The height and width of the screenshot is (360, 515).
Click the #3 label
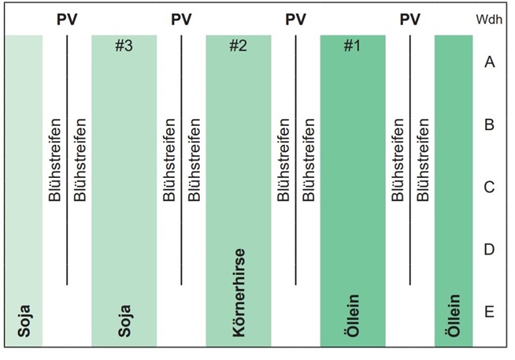124,46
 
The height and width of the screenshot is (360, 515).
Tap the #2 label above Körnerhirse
238,46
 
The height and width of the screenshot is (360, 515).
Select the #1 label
352,46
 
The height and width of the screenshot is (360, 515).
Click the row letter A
489,62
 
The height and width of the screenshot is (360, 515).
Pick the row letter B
489,124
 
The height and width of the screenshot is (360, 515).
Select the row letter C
489,187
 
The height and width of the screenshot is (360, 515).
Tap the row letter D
489,250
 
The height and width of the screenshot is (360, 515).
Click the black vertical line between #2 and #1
296,158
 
